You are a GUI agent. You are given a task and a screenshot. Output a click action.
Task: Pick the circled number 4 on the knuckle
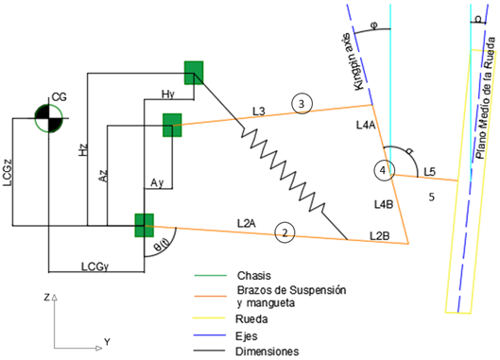pos(383,170)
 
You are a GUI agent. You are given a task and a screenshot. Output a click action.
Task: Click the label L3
pos(259,111)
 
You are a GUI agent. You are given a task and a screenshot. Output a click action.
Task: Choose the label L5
pos(430,170)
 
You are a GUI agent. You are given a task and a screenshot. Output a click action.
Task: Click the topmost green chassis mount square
pos(194,73)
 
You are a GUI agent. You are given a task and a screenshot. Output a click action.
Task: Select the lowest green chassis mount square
pos(144,226)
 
